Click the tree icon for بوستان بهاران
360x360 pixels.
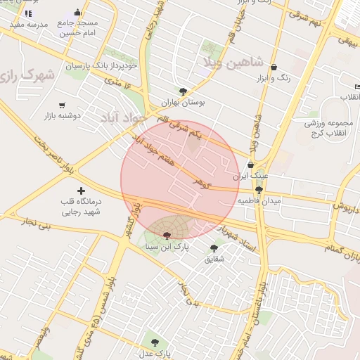pyautogui.click(x=184, y=91)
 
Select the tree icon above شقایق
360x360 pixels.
pyautogui.click(x=214, y=247)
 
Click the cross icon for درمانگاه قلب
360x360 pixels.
pyautogui.click(x=82, y=191)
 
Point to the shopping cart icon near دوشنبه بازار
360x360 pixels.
pyautogui.click(x=62, y=105)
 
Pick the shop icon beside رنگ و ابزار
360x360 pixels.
pyautogui.click(x=274, y=67)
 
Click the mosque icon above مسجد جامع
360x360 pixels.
pyautogui.click(x=77, y=13)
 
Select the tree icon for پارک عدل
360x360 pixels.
pyautogui.click(x=154, y=342)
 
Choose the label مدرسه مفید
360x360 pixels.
pyautogui.click(x=29, y=25)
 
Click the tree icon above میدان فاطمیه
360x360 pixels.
pyautogui.click(x=259, y=190)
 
